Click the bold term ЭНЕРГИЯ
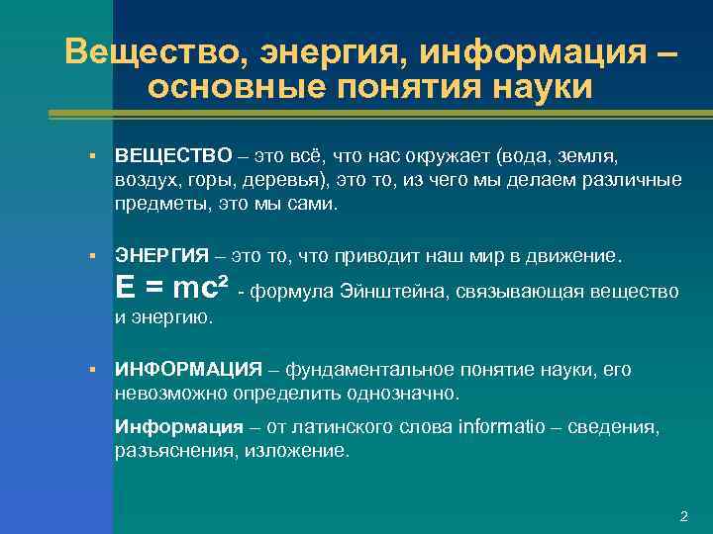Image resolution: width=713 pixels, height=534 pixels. (x=162, y=256)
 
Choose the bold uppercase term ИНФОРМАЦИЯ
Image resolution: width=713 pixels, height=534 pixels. (x=188, y=370)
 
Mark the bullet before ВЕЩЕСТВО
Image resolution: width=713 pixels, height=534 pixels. (x=90, y=156)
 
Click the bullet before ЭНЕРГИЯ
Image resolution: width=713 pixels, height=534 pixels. (x=90, y=256)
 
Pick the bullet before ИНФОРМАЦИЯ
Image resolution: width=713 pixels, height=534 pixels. (x=90, y=370)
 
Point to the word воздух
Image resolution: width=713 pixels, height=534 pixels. (x=145, y=181)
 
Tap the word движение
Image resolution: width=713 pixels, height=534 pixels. (x=573, y=256)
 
